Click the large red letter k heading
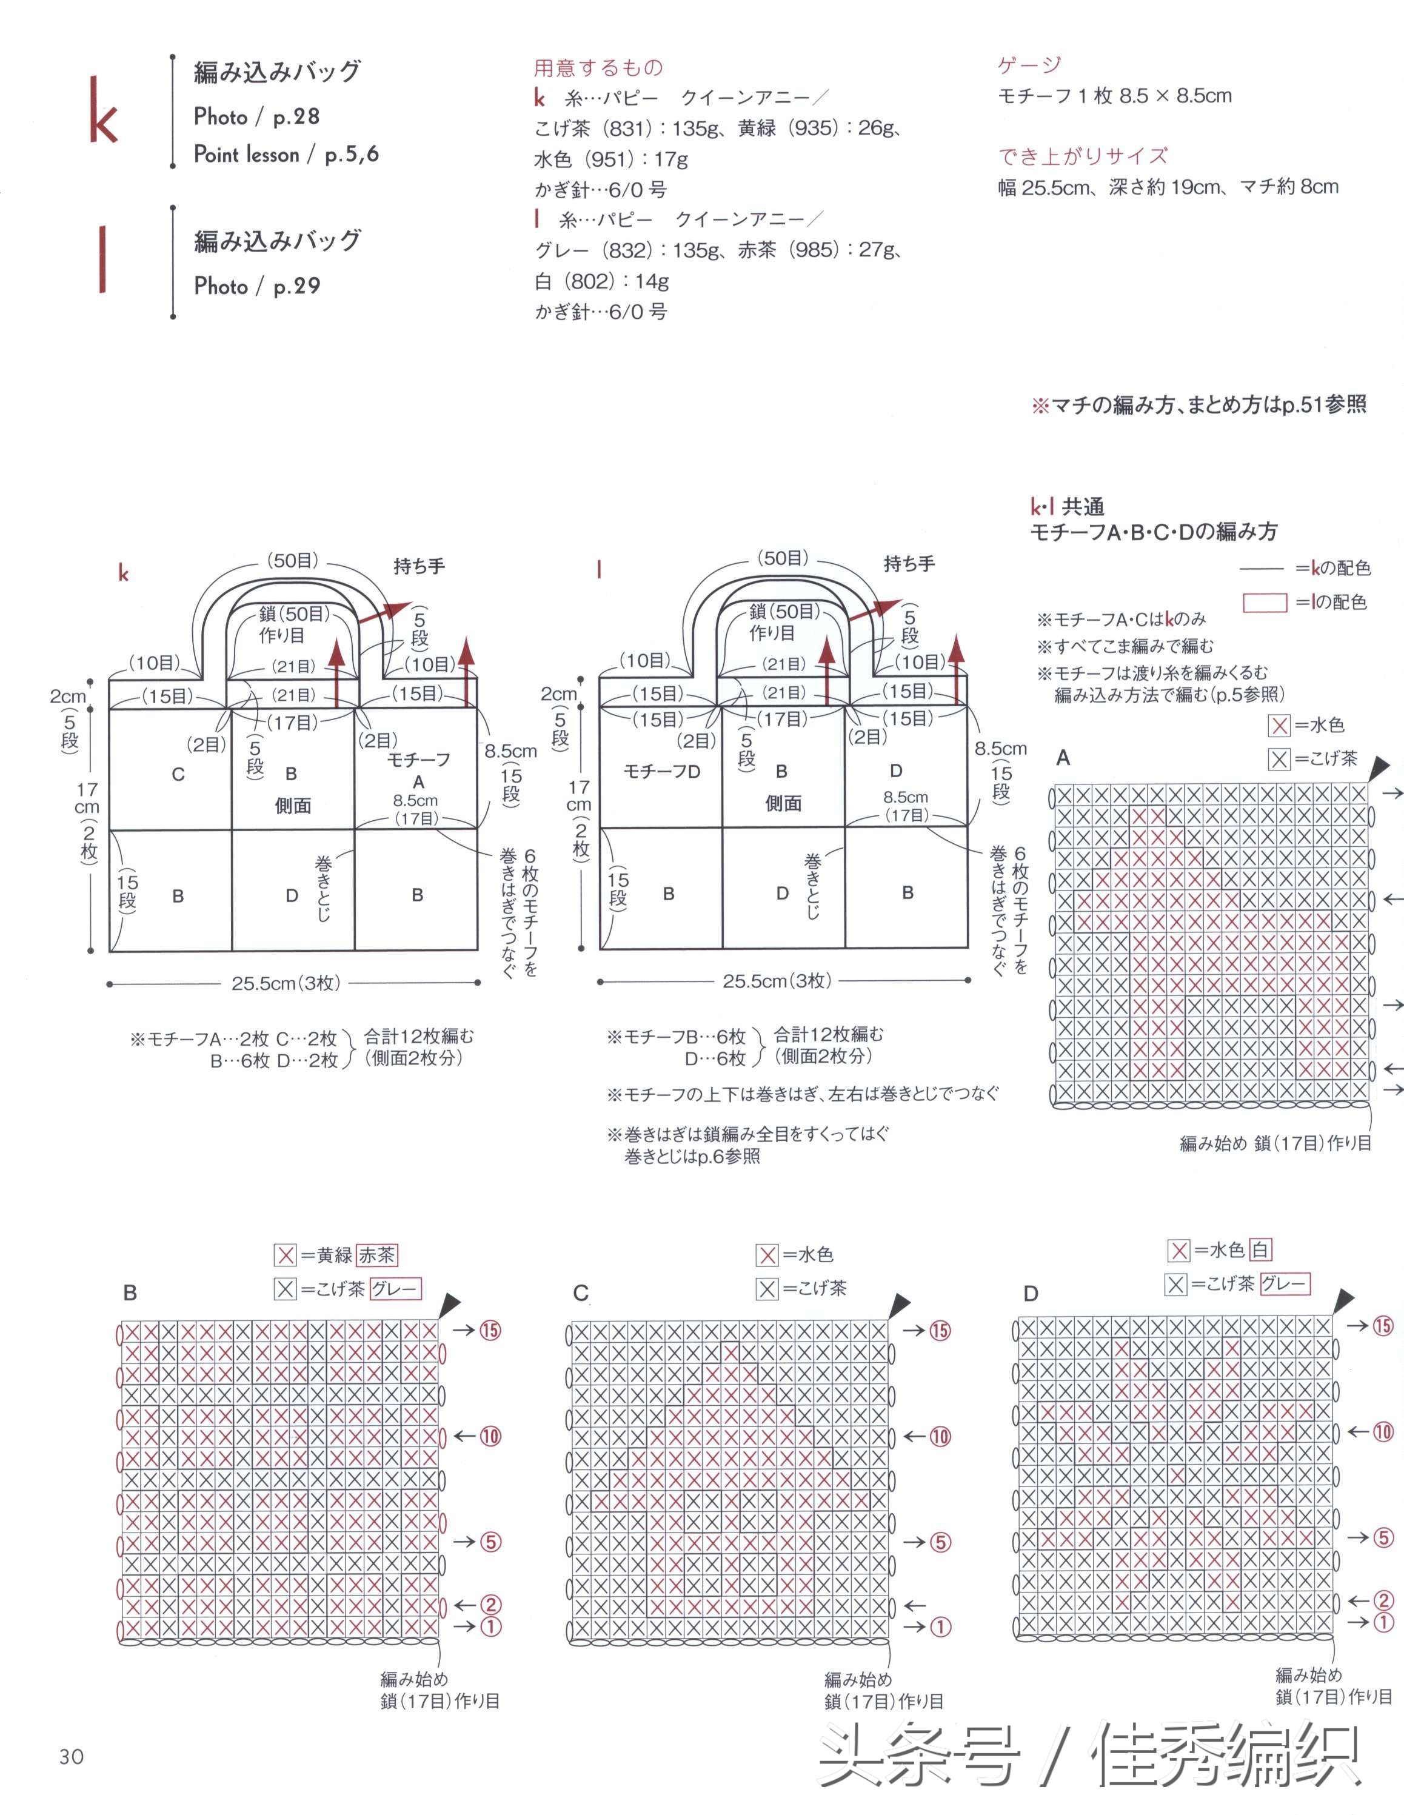[104, 110]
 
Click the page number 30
[72, 1756]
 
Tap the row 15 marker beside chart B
[490, 1331]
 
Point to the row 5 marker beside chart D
[1383, 1538]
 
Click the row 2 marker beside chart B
[490, 1605]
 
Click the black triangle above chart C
[900, 1305]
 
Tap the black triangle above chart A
[1379, 767]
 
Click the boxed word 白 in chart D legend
[1260, 1250]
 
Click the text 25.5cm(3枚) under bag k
[285, 983]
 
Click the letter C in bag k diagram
[178, 775]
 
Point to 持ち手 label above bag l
[909, 564]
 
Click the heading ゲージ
[1029, 65]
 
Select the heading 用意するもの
[598, 67]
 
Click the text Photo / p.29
[257, 287]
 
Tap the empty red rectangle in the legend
[1265, 603]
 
